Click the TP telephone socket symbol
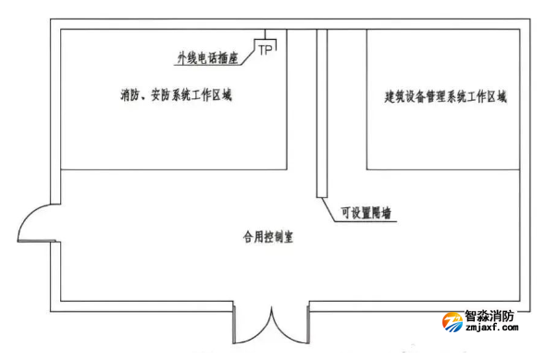point(266,48)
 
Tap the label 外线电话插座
point(208,58)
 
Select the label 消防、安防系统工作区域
point(175,94)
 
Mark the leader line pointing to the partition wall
point(330,208)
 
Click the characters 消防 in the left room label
point(130,94)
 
